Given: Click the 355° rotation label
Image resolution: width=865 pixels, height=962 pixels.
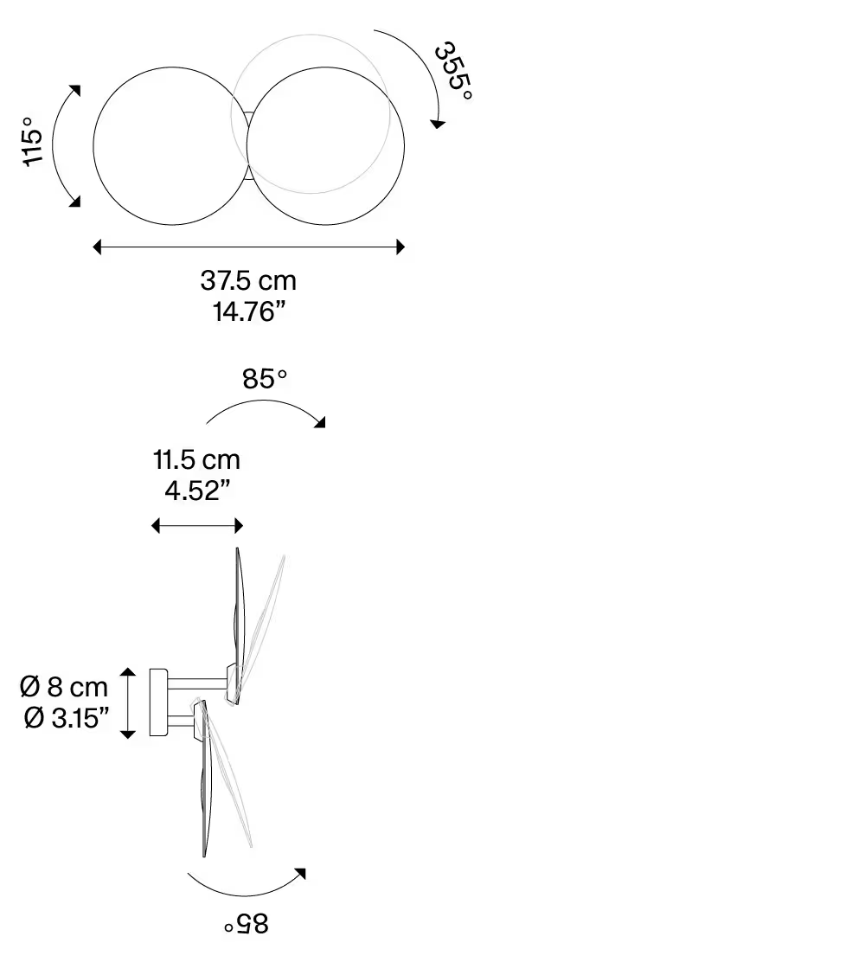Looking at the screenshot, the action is [x=453, y=71].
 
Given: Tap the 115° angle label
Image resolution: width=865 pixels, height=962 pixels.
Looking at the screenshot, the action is [x=33, y=142].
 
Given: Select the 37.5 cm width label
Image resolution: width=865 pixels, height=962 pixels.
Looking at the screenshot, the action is [x=248, y=281].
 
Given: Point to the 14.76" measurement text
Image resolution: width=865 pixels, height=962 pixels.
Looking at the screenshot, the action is [x=249, y=311].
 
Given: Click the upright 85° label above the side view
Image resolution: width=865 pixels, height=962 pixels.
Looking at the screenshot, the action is [x=265, y=379].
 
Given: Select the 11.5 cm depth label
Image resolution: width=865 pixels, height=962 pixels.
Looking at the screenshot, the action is [x=196, y=460].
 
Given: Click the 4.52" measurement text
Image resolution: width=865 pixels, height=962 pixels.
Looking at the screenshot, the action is [x=197, y=491].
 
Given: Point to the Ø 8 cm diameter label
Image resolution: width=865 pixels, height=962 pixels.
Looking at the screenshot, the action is [x=64, y=687].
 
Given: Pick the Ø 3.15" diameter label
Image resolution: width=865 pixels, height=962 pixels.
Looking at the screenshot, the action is [x=67, y=717].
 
